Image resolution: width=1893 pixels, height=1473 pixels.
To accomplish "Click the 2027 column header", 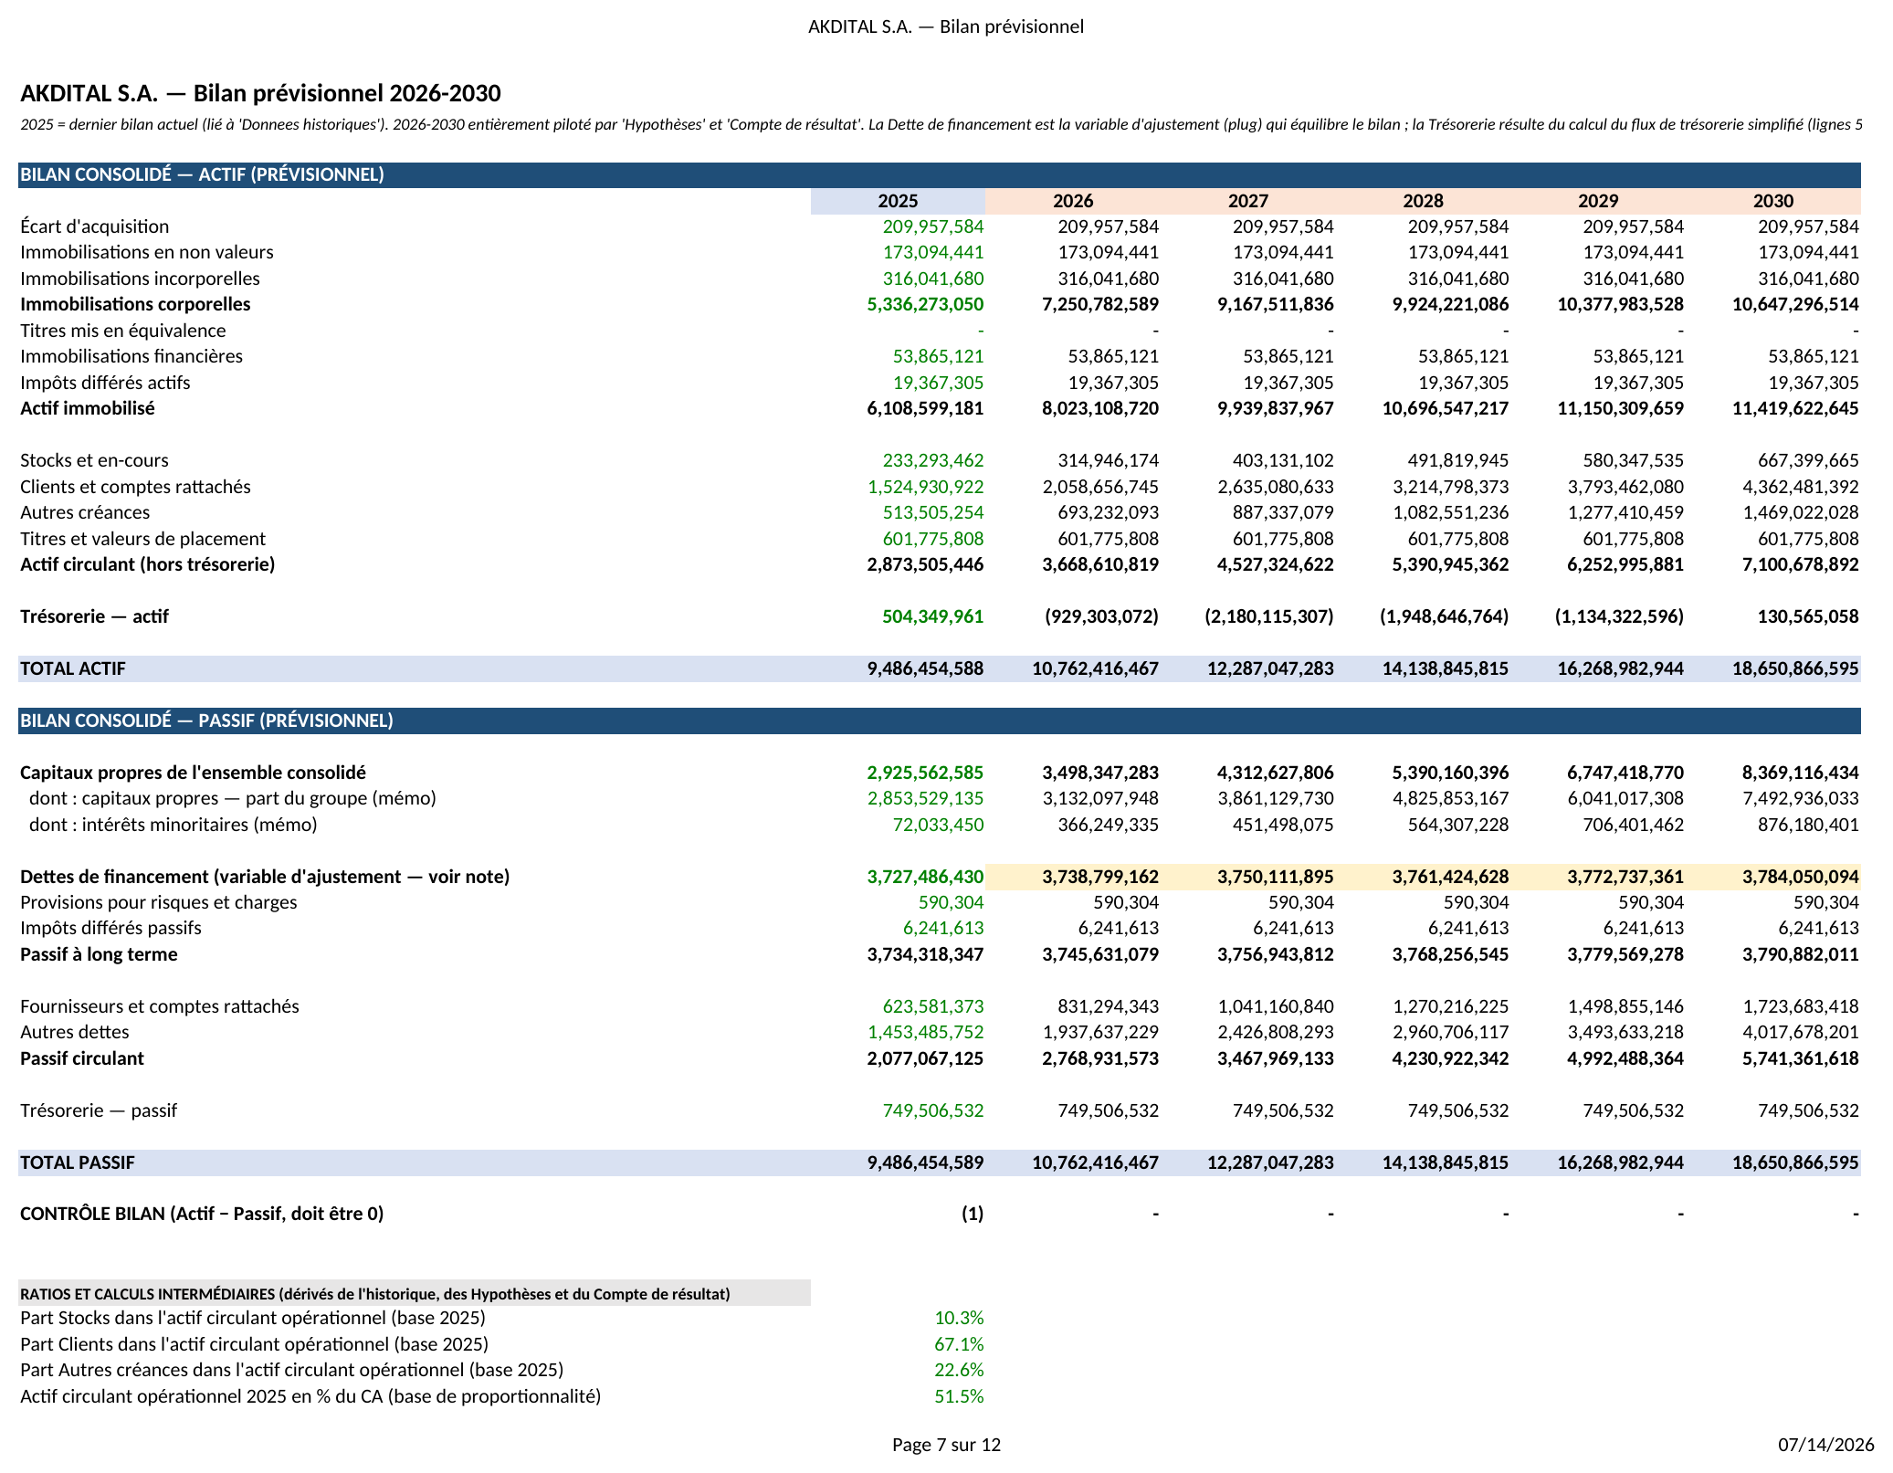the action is coord(1247,201).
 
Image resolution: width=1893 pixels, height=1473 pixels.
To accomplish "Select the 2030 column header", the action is coord(1772,201).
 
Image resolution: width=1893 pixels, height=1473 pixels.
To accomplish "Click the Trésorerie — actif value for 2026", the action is coord(1101,616).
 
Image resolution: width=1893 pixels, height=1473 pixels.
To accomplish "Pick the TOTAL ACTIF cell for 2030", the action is coord(1795,668).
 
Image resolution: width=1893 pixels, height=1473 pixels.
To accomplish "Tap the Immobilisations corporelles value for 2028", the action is coord(1450,304).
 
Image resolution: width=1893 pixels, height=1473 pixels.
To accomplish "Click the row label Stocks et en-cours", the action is coord(94,460).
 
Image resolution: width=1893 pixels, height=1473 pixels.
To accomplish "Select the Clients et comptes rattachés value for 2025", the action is coord(925,487).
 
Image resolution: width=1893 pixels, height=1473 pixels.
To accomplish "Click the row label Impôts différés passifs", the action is coord(110,928).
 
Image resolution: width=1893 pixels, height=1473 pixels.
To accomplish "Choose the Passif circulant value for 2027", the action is coord(1276,1058).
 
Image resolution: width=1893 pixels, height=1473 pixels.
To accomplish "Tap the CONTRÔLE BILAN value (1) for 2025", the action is coord(972,1214).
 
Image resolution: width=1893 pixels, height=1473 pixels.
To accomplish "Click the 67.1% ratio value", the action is coord(959,1344).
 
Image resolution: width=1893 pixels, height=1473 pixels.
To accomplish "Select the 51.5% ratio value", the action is coord(959,1396).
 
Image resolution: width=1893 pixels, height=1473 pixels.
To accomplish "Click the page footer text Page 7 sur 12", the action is coord(946,1445).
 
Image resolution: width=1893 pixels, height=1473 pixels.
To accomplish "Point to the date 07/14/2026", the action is coord(1825,1445).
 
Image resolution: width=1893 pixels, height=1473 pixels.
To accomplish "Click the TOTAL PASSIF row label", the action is coord(78,1163).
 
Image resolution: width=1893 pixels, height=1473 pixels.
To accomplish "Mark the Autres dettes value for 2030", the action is coord(1801,1032).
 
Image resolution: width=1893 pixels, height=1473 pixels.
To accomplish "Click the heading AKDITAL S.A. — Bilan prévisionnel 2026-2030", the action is coord(260,93).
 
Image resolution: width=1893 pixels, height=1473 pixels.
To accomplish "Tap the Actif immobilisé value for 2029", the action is coord(1621,408).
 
